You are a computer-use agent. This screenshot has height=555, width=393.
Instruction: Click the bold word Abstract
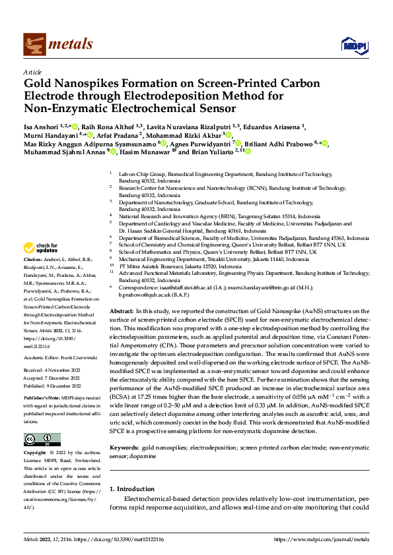(x=122, y=310)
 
